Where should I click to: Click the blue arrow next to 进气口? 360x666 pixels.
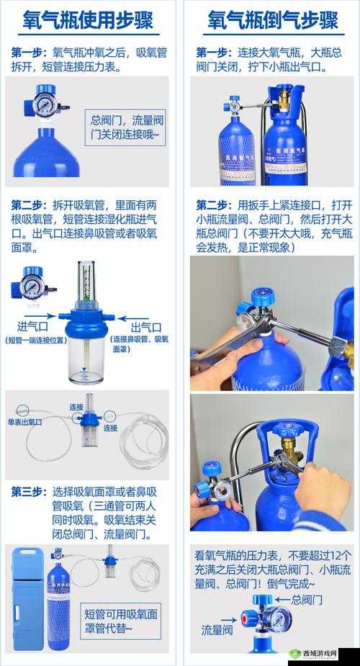42,315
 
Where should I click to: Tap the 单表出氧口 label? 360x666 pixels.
24,421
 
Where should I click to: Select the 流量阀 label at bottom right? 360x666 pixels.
217,630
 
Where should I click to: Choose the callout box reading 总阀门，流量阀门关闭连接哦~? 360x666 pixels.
127,127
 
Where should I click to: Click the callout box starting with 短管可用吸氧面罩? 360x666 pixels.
121,620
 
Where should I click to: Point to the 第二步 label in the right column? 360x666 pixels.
212,204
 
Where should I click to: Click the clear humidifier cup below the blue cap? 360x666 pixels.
86,357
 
